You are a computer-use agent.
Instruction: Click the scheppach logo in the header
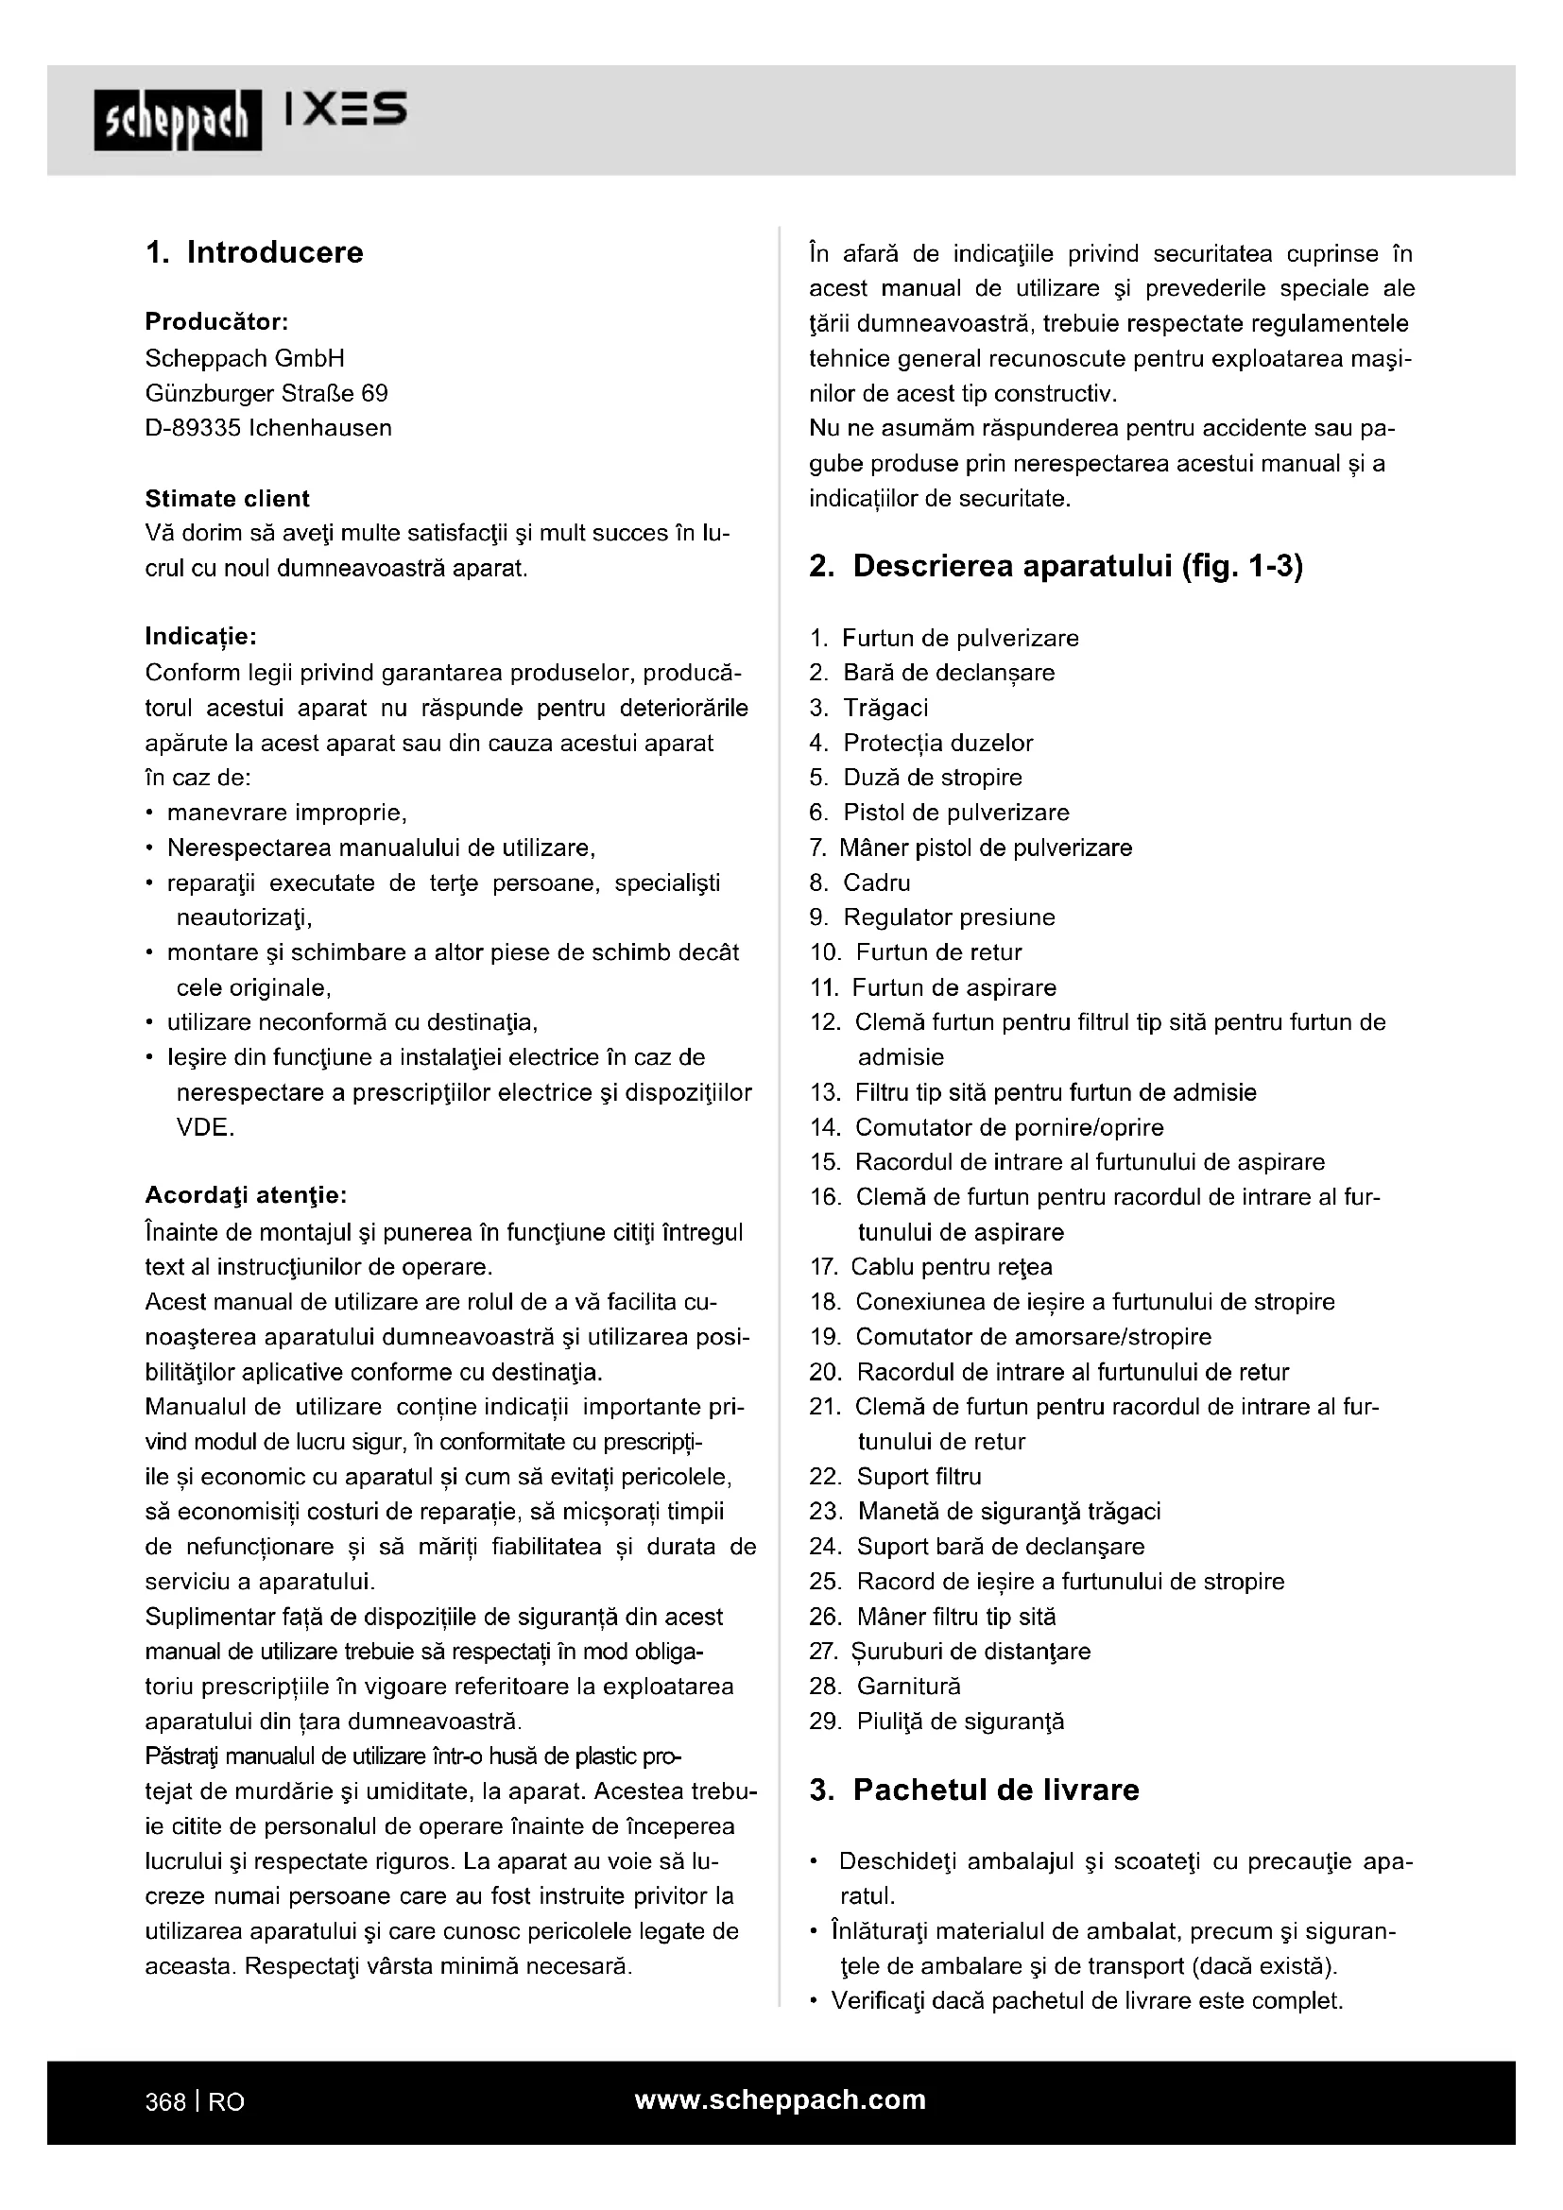click(x=177, y=120)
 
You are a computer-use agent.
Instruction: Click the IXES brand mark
click(x=347, y=110)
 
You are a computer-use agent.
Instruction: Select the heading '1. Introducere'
click(x=254, y=252)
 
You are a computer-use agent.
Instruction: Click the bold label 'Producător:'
click(x=216, y=321)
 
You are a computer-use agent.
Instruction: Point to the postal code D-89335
click(x=193, y=428)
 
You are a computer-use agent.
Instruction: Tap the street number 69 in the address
click(x=374, y=394)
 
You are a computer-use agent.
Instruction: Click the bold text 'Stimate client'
click(x=227, y=499)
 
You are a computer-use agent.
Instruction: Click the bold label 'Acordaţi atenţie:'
click(x=246, y=1195)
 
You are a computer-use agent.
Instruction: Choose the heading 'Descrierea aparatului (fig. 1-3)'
click(x=1077, y=566)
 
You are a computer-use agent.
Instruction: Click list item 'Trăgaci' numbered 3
click(x=885, y=708)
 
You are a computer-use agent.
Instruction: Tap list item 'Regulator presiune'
click(x=948, y=917)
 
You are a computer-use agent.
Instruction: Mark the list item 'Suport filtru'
click(x=919, y=1477)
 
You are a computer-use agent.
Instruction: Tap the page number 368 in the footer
click(x=164, y=2102)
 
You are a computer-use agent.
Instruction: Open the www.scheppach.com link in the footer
click(x=781, y=2099)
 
